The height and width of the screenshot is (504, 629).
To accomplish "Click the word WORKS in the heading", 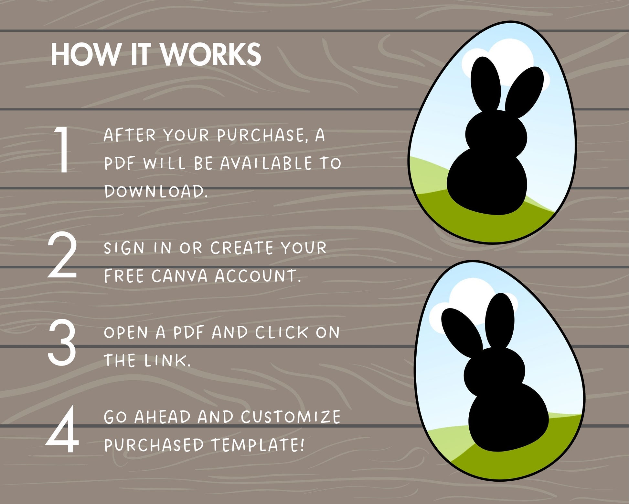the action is coord(211,54).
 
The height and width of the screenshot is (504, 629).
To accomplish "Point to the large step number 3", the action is coord(62,342).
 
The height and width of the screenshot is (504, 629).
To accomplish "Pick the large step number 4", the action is coord(62,429).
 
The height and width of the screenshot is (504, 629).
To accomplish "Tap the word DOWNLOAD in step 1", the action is coord(155,191).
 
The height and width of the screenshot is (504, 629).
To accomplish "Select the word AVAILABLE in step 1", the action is coord(266,163).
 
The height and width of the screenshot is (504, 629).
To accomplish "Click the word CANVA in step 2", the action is coord(179,276).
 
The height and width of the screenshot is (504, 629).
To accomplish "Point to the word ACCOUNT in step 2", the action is coord(258,276).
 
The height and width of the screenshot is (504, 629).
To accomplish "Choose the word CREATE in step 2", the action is coord(242,248).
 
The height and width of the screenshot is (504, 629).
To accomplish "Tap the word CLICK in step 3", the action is coord(282,332).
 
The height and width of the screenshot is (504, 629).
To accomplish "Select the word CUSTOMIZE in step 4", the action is coord(291,417).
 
